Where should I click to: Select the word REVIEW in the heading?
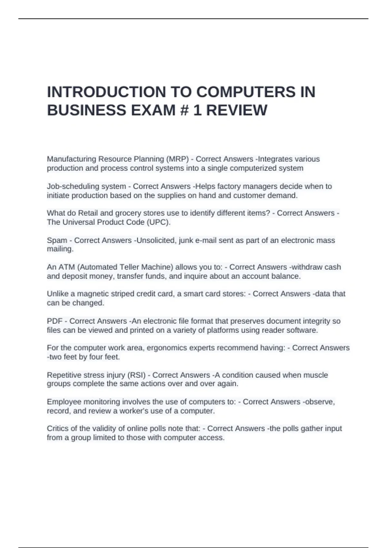236,110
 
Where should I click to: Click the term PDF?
55,321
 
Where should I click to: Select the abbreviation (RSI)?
137,375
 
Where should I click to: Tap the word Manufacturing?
71,159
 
